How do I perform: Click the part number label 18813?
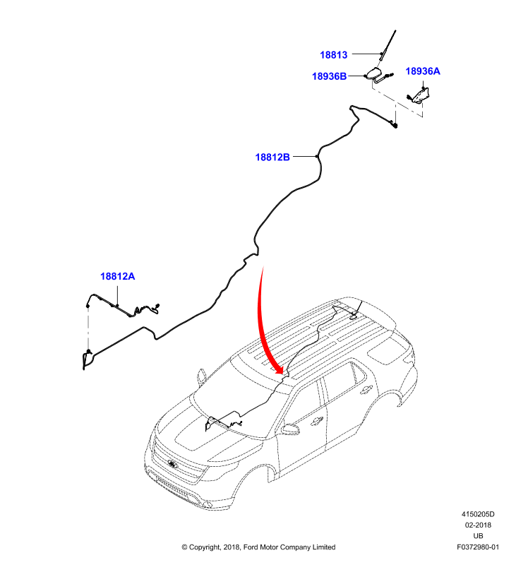(333, 55)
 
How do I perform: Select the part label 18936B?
(329, 76)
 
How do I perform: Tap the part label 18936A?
(423, 71)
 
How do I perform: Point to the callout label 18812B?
(272, 157)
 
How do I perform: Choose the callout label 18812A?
(117, 276)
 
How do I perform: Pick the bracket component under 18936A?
(420, 95)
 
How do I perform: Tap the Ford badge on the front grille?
(173, 465)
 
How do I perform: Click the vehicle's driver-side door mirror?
(290, 429)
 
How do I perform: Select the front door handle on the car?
(318, 420)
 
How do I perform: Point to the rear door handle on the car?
(366, 389)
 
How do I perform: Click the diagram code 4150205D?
(478, 514)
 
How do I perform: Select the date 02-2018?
(478, 525)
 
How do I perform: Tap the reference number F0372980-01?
(478, 547)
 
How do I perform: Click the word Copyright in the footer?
(205, 547)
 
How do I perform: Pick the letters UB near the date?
(478, 536)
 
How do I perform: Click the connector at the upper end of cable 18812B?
(395, 126)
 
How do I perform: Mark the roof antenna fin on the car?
(353, 316)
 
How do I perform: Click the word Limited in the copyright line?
(324, 547)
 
